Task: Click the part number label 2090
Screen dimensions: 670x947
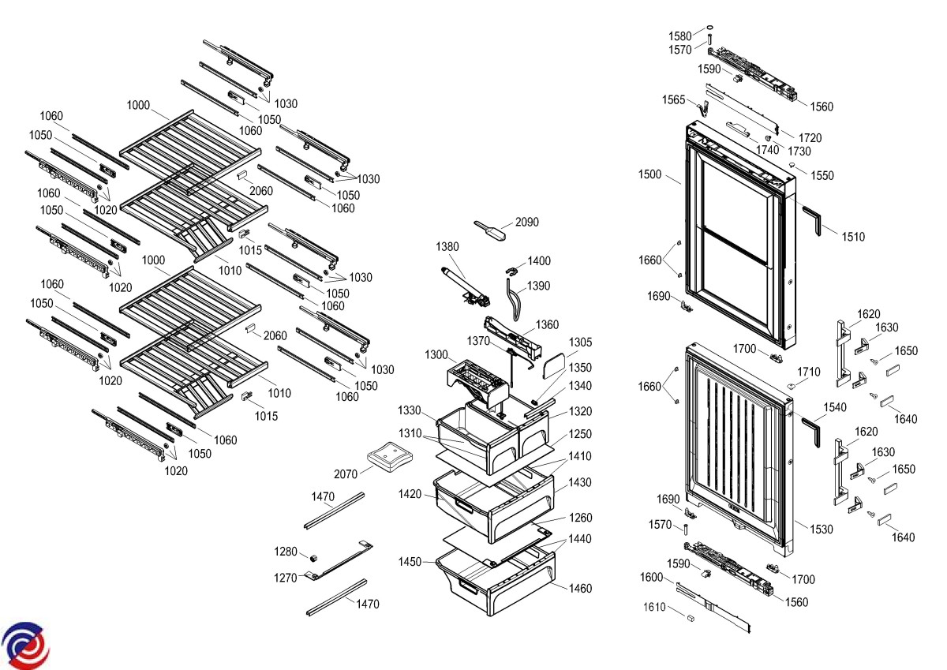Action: pyautogui.click(x=527, y=223)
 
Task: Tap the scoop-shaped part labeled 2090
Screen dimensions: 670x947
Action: pyautogui.click(x=487, y=230)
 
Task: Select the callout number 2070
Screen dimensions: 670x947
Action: pyautogui.click(x=346, y=473)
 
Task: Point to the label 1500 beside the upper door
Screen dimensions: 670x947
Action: pyautogui.click(x=651, y=174)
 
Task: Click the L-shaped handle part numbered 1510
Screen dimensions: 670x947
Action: pyautogui.click(x=813, y=217)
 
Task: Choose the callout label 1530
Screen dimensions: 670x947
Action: pyautogui.click(x=821, y=530)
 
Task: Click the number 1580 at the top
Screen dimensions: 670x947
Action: pyautogui.click(x=680, y=36)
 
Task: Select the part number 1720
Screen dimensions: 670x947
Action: pyautogui.click(x=810, y=138)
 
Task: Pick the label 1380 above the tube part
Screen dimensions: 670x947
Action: pyautogui.click(x=447, y=247)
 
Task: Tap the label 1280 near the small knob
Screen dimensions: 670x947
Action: pyautogui.click(x=286, y=551)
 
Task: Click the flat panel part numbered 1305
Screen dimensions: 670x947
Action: pyautogui.click(x=554, y=364)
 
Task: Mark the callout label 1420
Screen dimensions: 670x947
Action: pyautogui.click(x=410, y=495)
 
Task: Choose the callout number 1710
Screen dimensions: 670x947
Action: pyautogui.click(x=809, y=372)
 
